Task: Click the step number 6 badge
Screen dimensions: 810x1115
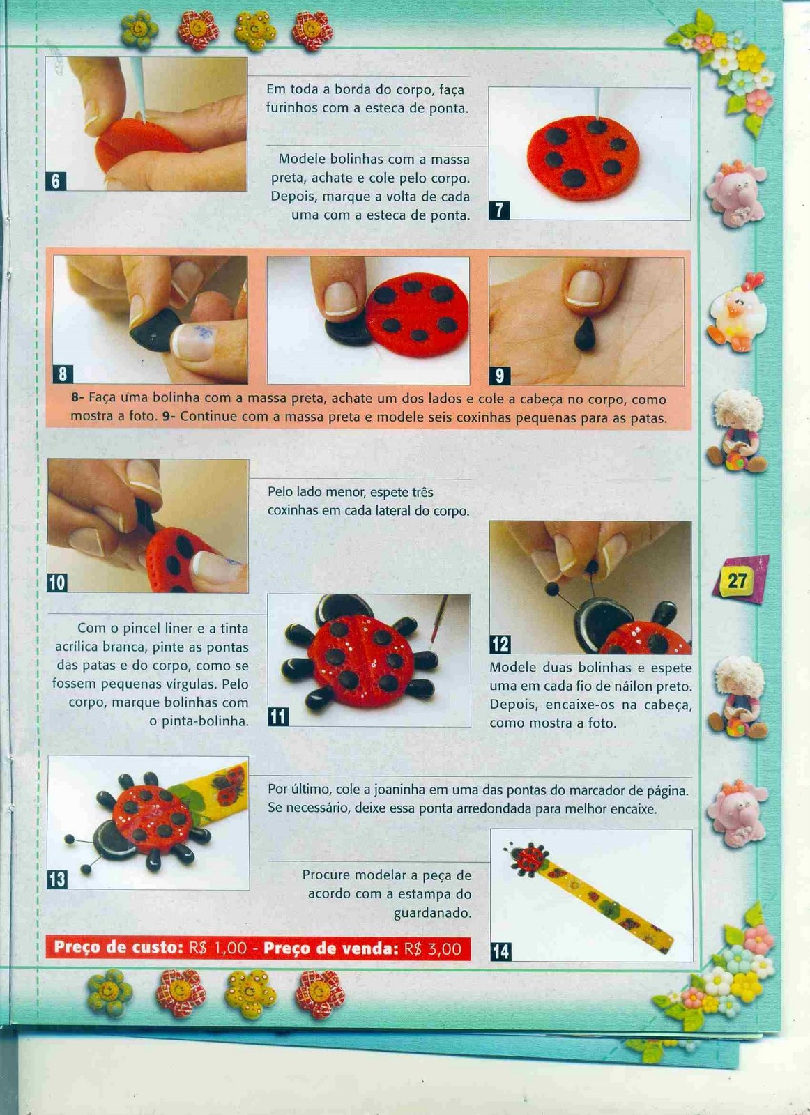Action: click(x=56, y=181)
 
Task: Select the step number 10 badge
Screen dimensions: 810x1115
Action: click(x=57, y=582)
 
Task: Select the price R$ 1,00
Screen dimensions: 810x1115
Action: click(x=217, y=948)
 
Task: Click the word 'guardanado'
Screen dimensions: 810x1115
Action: click(x=432, y=914)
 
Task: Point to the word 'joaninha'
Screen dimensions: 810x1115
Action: click(x=397, y=790)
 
